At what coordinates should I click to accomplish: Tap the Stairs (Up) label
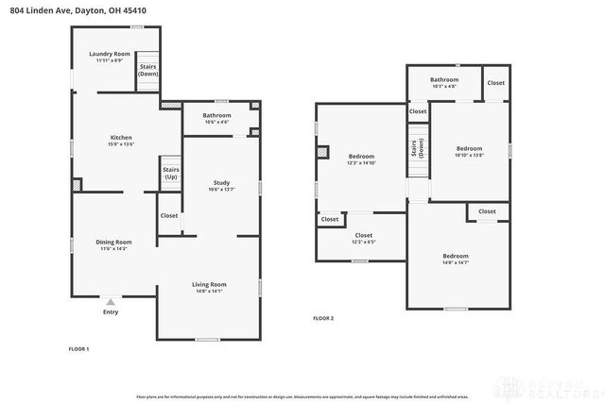coord(171,174)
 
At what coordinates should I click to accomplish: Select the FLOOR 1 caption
coord(78,349)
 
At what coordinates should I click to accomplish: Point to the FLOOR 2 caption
coord(323,318)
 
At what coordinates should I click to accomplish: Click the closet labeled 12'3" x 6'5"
coord(363,238)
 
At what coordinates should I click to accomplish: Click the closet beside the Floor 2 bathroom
coord(496,83)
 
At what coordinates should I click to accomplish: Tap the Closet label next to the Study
coord(169,215)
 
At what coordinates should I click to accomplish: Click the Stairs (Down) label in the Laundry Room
coord(147,70)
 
